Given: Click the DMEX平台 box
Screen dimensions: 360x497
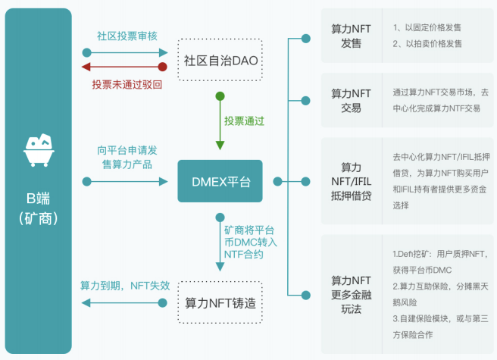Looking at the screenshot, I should coord(220,181).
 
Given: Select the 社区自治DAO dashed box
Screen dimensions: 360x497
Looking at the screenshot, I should coord(220,59).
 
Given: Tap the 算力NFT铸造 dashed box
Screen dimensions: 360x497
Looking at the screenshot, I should coord(220,302).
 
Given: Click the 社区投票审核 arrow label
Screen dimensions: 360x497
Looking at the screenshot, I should coord(127,36).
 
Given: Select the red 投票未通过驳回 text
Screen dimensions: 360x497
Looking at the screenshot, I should coord(127,83).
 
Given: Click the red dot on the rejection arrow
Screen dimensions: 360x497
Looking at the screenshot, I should coord(162,67).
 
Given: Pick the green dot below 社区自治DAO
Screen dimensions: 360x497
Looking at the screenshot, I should coord(220,96).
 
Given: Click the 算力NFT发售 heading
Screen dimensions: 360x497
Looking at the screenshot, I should coord(351,36).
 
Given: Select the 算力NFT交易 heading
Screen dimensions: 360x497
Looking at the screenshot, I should coord(351,100).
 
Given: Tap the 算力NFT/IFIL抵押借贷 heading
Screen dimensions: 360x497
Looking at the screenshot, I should coord(351,180).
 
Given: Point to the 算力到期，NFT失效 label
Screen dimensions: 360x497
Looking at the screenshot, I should coord(125,286).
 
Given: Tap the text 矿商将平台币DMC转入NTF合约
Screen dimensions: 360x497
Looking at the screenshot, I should coord(250,242).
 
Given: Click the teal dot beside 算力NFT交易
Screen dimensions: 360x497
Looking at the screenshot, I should coord(305,100).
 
